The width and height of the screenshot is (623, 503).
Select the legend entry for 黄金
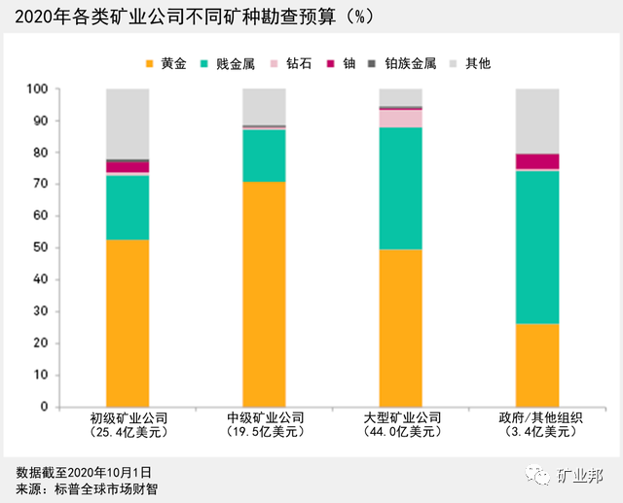(166, 63)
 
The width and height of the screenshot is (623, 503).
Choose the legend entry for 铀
(365, 63)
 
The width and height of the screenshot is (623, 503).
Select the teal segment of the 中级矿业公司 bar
(263, 155)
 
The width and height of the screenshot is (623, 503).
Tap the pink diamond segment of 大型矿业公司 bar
(400, 118)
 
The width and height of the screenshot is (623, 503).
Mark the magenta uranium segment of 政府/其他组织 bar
(537, 161)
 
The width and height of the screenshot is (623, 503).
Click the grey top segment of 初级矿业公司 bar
(127, 123)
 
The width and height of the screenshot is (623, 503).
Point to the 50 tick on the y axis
(38, 248)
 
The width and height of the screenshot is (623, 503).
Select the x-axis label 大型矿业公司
(400, 417)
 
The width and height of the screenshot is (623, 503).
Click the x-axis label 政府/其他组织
(537, 417)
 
